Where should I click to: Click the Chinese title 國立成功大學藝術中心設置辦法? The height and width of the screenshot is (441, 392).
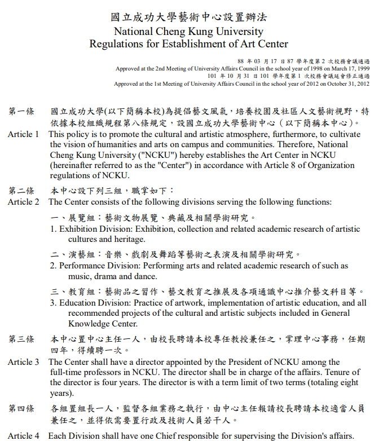click(188, 17)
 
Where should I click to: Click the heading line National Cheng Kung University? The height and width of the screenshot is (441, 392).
click(188, 31)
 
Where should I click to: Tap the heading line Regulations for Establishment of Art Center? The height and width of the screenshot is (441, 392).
click(188, 44)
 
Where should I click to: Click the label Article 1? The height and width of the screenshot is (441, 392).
click(24, 134)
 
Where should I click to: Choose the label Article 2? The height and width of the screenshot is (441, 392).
click(24, 202)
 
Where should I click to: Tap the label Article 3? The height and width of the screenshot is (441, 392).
click(24, 362)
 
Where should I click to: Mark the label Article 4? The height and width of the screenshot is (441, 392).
click(24, 436)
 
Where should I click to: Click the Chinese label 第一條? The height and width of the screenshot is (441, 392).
click(21, 112)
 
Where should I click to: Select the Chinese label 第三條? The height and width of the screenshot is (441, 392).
click(21, 339)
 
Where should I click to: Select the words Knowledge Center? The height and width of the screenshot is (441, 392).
click(103, 324)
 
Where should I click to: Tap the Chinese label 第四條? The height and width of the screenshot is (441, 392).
click(21, 408)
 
